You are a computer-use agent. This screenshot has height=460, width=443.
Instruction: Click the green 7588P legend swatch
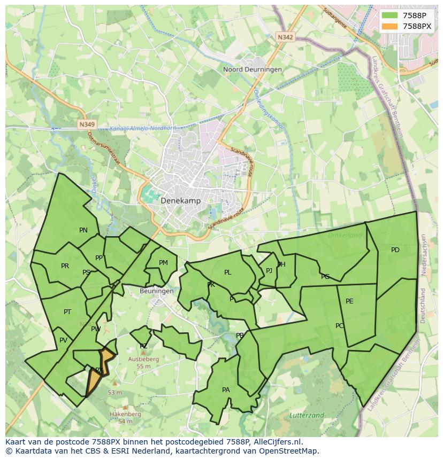390,15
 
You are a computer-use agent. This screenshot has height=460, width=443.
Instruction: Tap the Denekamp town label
180,201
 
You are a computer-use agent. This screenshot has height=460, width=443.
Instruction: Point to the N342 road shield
285,37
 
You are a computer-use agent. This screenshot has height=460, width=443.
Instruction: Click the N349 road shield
86,124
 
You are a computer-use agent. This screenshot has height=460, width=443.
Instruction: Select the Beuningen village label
156,291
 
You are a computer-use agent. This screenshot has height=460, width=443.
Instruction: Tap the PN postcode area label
83,230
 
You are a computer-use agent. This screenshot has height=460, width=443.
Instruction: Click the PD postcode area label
395,250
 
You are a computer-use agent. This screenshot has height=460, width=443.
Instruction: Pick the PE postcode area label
349,301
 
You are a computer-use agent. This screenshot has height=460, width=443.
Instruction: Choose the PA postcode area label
226,390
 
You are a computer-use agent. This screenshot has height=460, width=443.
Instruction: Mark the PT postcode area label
67,312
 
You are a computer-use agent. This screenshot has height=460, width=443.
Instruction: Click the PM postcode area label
163,263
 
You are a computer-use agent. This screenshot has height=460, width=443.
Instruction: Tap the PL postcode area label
227,272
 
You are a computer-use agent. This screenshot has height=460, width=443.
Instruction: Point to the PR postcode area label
65,266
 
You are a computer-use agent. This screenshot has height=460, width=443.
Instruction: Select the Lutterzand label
307,415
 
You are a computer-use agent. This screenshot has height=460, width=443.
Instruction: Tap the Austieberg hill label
143,360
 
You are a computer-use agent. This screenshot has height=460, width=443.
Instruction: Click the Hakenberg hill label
125,414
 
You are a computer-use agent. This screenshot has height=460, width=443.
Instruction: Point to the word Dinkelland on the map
345,235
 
